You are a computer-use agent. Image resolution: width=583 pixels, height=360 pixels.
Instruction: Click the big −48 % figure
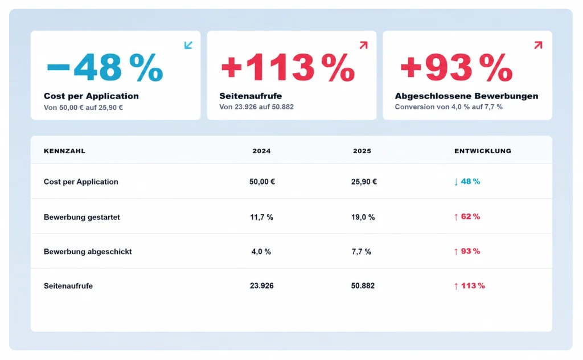[105, 67]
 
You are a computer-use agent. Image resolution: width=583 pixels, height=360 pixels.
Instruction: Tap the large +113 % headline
[288, 67]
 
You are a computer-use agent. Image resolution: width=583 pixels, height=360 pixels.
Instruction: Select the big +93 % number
[457, 67]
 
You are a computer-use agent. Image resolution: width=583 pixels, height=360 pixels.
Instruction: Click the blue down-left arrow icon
[188, 45]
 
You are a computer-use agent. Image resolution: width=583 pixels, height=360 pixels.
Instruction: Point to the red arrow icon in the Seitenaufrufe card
[364, 45]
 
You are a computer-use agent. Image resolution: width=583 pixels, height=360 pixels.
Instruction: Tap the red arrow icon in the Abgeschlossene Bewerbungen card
[538, 45]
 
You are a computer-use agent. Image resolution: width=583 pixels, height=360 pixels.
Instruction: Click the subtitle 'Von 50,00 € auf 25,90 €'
[83, 108]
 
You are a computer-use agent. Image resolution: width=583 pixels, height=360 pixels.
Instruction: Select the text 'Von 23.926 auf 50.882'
[257, 107]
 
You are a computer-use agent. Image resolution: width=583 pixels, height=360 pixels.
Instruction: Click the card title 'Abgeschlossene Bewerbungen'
[467, 96]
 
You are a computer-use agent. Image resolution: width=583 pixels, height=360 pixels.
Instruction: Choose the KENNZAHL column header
[65, 151]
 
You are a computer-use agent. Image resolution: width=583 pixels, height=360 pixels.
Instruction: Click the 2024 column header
[262, 151]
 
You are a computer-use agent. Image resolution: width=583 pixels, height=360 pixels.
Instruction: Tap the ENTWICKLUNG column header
[483, 151]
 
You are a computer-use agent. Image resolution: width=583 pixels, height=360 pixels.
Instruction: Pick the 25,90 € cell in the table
[364, 182]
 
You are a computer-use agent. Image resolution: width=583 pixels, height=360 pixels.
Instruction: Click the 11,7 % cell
[262, 217]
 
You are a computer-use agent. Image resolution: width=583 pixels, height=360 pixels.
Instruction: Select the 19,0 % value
[363, 217]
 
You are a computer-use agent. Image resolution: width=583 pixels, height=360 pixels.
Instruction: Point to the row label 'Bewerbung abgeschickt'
[88, 251]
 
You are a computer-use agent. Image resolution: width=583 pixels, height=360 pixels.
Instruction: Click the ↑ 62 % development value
[467, 216]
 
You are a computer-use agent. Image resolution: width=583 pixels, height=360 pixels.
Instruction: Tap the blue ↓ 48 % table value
[467, 182]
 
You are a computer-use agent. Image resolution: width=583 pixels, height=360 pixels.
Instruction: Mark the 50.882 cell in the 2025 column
[363, 285]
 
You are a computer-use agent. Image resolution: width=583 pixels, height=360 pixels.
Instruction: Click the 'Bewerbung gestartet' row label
[82, 217]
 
